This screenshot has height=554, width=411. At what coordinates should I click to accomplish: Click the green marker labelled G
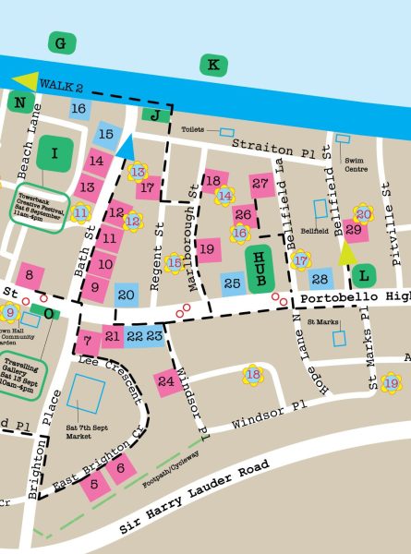[x=62, y=43]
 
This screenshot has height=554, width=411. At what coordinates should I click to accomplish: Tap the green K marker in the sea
[x=213, y=65]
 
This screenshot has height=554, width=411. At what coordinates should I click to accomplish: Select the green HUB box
[x=260, y=270]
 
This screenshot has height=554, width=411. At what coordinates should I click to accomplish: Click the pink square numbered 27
[x=261, y=184]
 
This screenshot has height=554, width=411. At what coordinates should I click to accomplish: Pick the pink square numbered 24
[x=166, y=380]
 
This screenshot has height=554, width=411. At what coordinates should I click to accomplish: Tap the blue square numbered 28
[x=320, y=279]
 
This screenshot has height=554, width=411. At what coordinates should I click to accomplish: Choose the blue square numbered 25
[x=232, y=281]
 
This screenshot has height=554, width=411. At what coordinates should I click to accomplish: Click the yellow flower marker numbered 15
[x=175, y=264]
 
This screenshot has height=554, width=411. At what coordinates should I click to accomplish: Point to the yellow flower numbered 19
[x=392, y=382]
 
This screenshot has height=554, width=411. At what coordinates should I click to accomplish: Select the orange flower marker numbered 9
[x=10, y=313]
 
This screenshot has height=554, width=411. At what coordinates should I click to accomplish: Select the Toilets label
[x=192, y=130]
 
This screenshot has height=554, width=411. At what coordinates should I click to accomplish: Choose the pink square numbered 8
[x=30, y=274]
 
